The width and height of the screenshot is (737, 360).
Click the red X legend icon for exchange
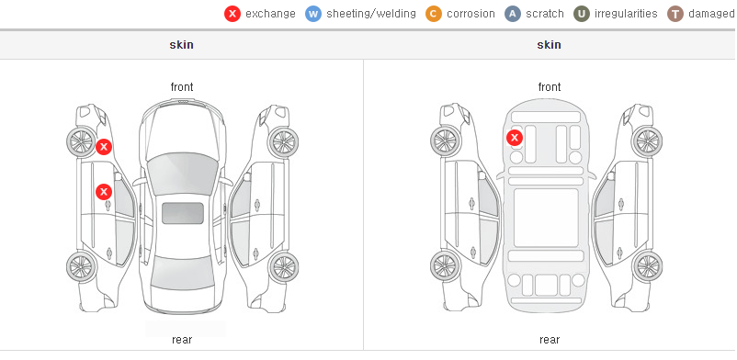tap(232, 14)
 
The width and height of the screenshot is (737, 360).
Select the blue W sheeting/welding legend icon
tap(313, 14)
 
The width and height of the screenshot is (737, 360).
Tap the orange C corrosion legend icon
tap(434, 14)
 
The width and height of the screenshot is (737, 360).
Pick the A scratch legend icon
tap(513, 14)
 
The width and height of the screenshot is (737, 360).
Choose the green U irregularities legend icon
tap(582, 14)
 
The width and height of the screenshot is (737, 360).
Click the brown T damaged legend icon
tap(675, 14)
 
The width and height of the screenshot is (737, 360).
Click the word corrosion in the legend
tap(471, 14)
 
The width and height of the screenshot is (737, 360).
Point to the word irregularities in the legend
tap(626, 14)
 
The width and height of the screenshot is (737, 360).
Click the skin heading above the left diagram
tap(181, 45)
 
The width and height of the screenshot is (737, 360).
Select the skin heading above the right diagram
tap(549, 45)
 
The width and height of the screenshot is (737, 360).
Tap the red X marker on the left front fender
tap(104, 147)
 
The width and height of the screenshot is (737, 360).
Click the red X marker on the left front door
tap(104, 192)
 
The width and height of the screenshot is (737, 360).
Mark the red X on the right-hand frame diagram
tap(515, 138)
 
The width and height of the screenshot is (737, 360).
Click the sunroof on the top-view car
tap(183, 213)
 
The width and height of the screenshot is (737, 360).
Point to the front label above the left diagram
tap(182, 87)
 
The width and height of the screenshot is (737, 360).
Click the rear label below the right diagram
tap(550, 339)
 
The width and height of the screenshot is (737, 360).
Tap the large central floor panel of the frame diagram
tap(546, 218)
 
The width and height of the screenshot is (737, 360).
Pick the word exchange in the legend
tap(270, 14)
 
